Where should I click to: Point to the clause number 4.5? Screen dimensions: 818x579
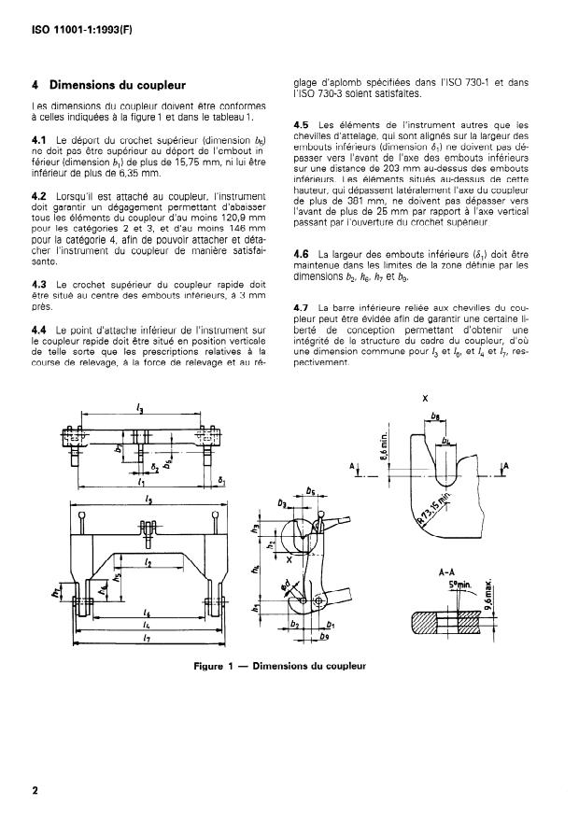[x=302, y=124]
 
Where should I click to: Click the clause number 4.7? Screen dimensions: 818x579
[x=302, y=306]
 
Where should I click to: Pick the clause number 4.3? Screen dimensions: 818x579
[x=39, y=282]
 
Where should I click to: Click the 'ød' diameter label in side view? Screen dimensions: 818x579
[x=286, y=585]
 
